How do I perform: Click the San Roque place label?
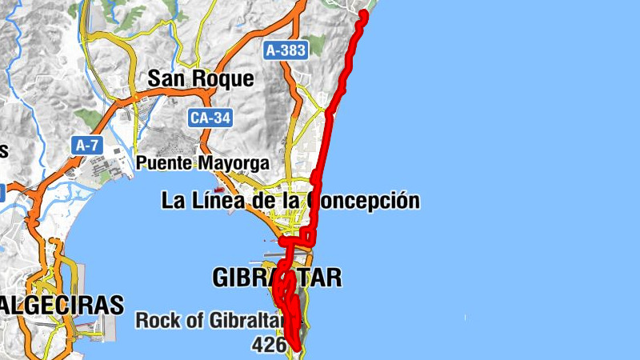click(x=200, y=78)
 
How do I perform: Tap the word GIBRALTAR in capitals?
click(x=277, y=278)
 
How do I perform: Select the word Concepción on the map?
click(x=366, y=200)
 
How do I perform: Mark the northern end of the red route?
click(x=364, y=13)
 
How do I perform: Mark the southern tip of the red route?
click(x=297, y=348)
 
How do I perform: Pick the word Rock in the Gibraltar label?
click(x=155, y=321)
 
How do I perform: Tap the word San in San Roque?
click(x=166, y=78)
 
